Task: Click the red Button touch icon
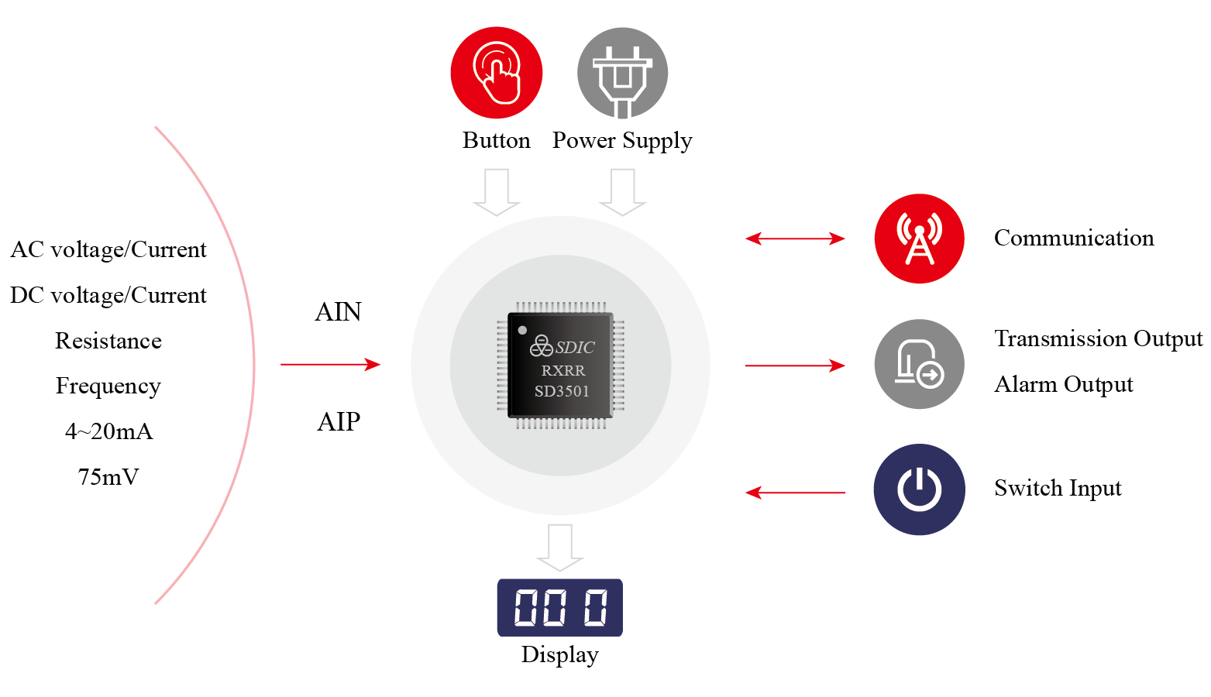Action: coord(496,73)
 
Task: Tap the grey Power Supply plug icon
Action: coord(622,73)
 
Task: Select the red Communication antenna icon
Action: coord(919,239)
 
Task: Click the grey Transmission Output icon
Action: coord(919,364)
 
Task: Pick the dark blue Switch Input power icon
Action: coord(919,489)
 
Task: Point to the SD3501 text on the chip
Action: coord(562,391)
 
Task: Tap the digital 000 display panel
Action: coord(559,607)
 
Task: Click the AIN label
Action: coord(339,312)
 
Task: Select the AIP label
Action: coord(339,422)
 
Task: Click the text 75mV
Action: coord(108,477)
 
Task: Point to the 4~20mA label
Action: coord(108,431)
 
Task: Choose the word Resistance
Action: coord(108,341)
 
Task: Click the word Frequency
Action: coord(108,386)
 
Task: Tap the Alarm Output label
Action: coord(1063,384)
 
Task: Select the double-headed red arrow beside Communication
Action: coord(795,239)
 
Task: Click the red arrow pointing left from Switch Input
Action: coord(795,492)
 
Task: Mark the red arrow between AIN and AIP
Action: coord(331,364)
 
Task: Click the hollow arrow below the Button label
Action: coord(496,191)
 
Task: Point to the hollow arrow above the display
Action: coord(559,547)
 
